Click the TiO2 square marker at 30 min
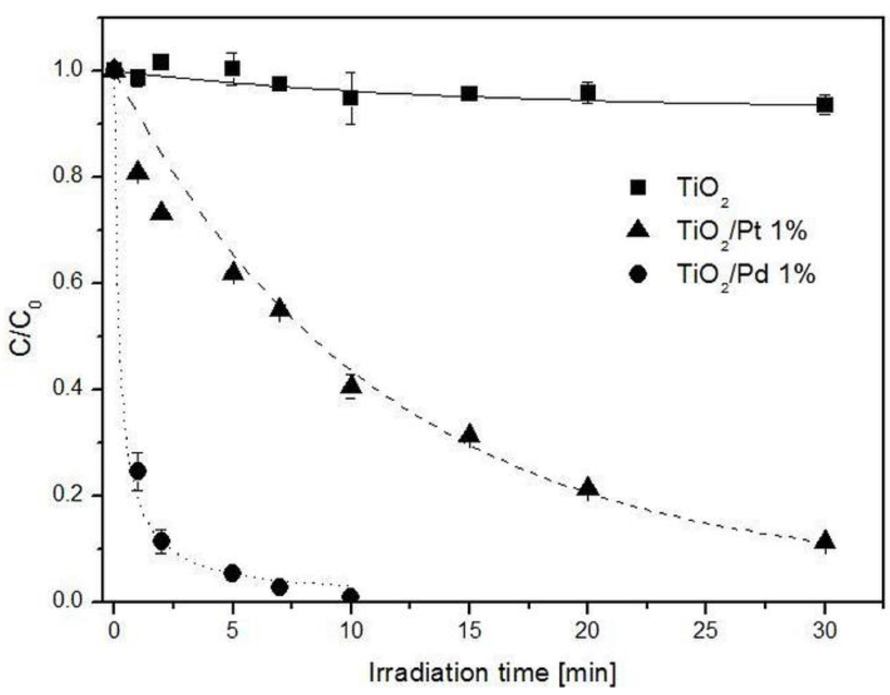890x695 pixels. [x=825, y=105]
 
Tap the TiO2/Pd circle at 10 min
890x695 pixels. [x=351, y=596]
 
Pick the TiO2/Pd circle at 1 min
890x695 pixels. [x=138, y=471]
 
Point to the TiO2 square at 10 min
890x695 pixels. [x=351, y=97]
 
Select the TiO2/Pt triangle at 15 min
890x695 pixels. [x=469, y=434]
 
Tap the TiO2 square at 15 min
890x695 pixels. [x=469, y=94]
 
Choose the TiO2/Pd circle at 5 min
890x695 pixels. [x=232, y=573]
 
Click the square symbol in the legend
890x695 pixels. [x=638, y=188]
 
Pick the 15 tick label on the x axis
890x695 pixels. [x=469, y=630]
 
